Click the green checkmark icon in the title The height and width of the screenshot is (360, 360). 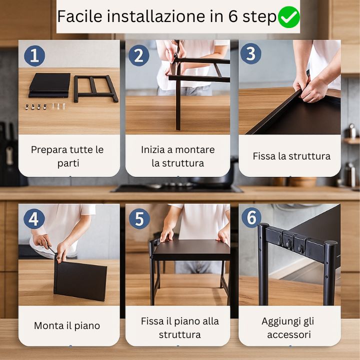[288, 17]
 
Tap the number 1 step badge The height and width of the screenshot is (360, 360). [34, 56]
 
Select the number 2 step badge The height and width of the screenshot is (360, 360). [138, 55]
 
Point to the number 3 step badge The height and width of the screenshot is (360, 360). [250, 53]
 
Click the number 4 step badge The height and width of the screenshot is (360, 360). [34, 219]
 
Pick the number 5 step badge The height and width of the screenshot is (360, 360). [139, 218]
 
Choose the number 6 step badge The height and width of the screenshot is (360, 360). [251, 217]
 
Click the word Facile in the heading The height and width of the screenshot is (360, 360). [79, 16]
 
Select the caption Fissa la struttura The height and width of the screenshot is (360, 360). [291, 156]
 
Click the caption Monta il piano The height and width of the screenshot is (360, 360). [67, 326]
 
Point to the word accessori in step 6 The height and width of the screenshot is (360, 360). [289, 334]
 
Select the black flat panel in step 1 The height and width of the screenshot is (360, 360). [49, 85]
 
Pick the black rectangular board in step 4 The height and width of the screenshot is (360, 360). [80, 280]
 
